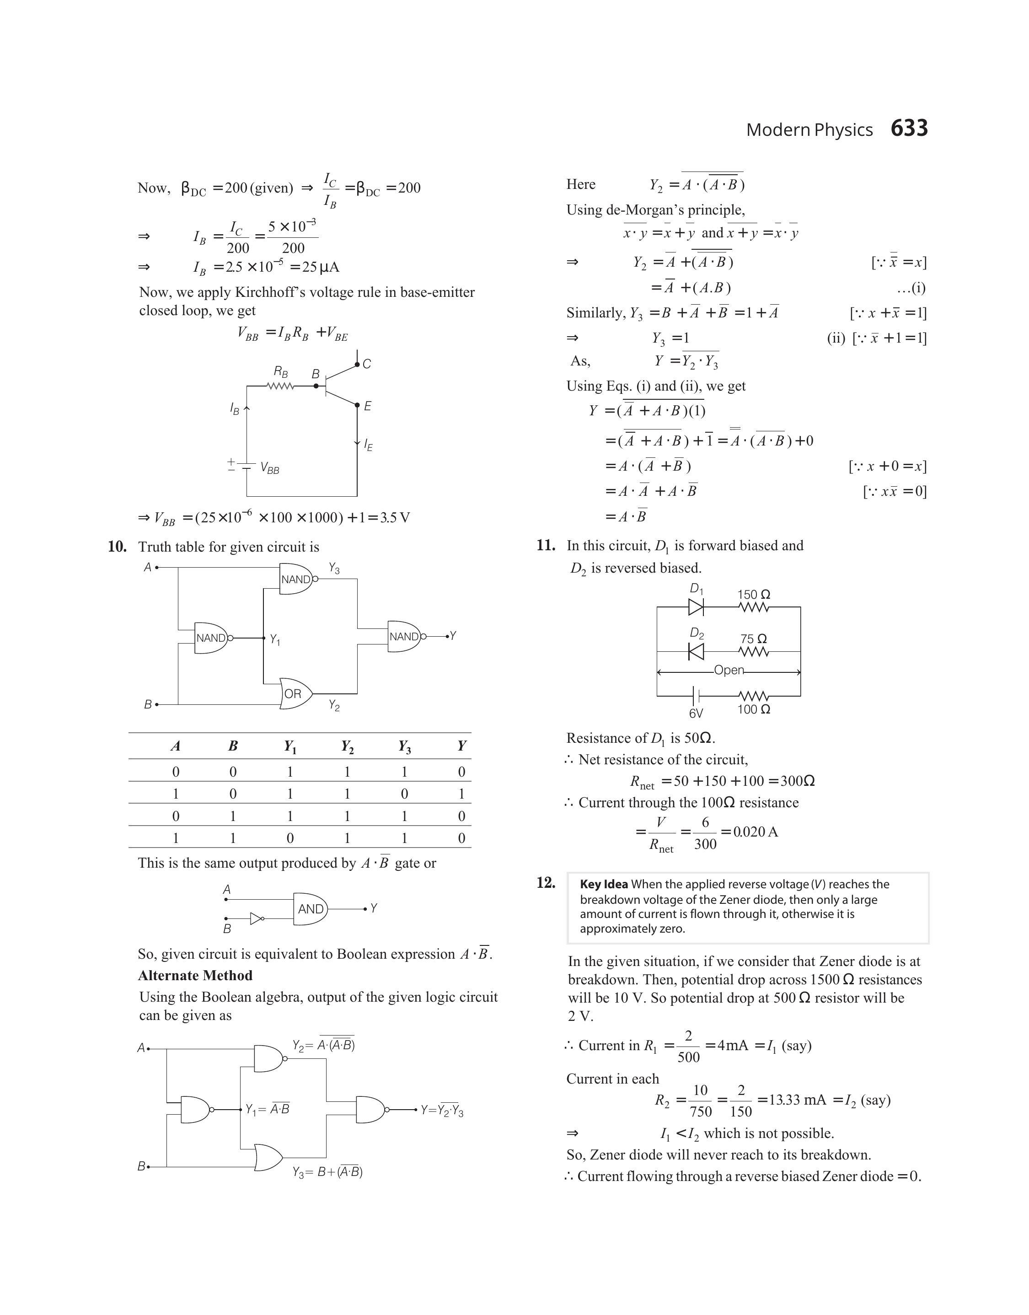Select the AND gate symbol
(x=310, y=908)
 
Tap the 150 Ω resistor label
(x=754, y=595)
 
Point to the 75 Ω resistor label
(x=754, y=639)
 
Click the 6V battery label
(x=696, y=713)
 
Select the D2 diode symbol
(x=696, y=651)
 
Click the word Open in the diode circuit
(x=729, y=671)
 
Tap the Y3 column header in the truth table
(x=404, y=747)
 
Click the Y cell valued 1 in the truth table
(x=461, y=794)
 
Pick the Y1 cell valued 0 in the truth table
(x=290, y=838)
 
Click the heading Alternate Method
(x=195, y=975)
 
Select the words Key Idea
(x=604, y=884)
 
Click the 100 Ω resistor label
(x=754, y=709)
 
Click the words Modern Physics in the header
(x=809, y=130)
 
